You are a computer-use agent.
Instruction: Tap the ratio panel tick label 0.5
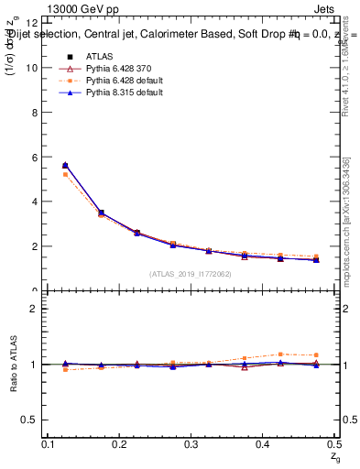(30, 420)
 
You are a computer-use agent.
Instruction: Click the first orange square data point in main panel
(64, 174)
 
